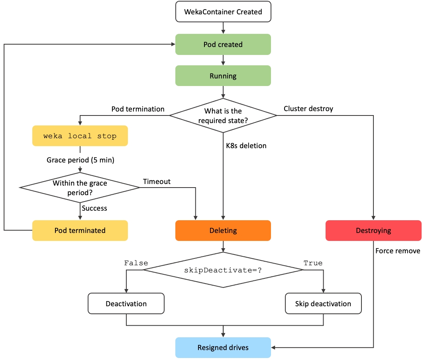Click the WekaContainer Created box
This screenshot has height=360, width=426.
223,12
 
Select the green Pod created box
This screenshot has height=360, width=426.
223,44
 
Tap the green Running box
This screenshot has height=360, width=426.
223,76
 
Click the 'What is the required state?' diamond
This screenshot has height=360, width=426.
223,115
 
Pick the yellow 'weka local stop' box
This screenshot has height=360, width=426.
80,136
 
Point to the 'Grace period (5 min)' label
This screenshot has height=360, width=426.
80,160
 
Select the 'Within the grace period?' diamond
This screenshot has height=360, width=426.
80,187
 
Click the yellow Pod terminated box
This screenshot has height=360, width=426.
80,231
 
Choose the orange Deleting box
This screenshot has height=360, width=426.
223,231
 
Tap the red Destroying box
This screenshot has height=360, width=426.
373,231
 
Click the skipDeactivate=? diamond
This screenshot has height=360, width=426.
223,270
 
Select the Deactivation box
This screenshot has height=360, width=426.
126,304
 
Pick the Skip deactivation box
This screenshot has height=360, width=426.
323,304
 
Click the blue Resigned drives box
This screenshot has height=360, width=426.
223,348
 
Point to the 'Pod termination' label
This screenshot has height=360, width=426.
138,109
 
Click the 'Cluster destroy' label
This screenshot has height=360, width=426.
308,109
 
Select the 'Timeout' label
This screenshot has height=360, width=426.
157,182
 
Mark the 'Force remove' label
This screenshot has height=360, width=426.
398,251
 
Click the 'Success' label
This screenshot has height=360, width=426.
94,208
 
